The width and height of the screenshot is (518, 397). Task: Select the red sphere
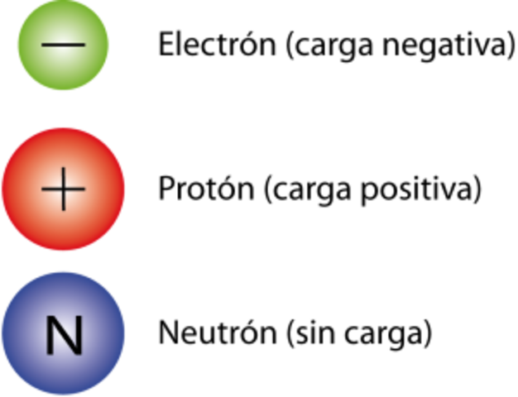(x=64, y=189)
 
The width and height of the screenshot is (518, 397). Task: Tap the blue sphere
(x=64, y=333)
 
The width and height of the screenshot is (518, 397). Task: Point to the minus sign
(x=63, y=44)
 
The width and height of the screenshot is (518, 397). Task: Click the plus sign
(x=64, y=190)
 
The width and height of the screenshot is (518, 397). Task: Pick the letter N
(x=64, y=337)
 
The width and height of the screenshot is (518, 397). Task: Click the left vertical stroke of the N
(x=49, y=337)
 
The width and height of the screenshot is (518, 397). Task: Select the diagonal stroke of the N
(x=64, y=337)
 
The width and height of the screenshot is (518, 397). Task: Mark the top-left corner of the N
(x=47, y=319)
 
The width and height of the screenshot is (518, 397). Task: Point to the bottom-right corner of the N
(x=80, y=354)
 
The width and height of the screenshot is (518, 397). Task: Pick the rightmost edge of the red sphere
(x=127, y=189)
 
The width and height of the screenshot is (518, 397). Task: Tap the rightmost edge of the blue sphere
(x=127, y=333)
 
